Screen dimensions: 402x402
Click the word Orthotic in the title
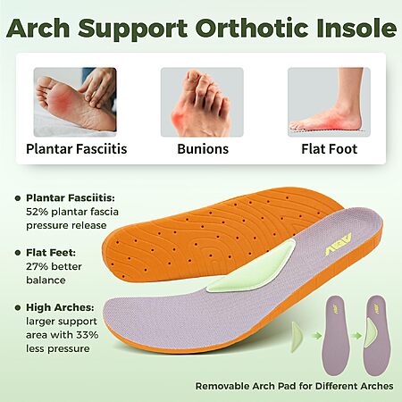point(253,28)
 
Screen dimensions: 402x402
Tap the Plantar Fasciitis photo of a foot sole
point(75,102)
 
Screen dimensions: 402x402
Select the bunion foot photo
point(202,102)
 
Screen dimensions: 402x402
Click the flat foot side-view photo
point(329,102)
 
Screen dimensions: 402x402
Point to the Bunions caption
point(203,149)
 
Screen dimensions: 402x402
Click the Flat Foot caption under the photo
point(330,149)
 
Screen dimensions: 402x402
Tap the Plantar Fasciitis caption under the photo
point(77,149)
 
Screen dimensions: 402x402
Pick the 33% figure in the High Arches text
point(88,335)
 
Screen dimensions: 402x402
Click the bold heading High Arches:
point(60,307)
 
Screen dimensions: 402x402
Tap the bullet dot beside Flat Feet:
point(18,253)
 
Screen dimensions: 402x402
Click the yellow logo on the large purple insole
point(338,245)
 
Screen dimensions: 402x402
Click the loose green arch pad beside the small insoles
point(297,337)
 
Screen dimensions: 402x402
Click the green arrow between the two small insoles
point(356,336)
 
